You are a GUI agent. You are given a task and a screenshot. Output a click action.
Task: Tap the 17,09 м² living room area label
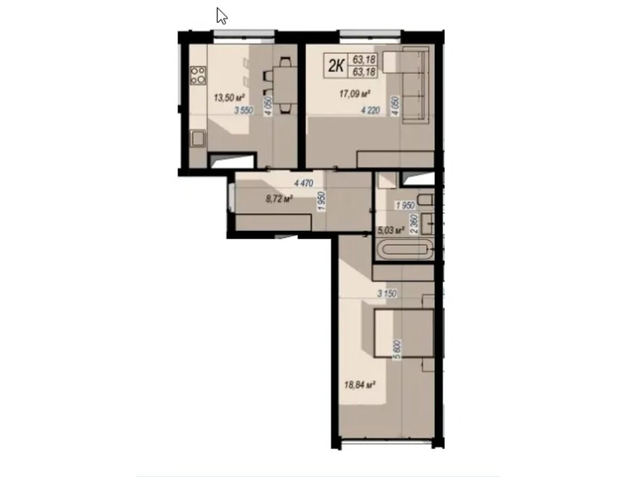click(x=355, y=94)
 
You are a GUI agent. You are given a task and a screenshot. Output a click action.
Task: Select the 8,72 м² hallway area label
click(x=279, y=199)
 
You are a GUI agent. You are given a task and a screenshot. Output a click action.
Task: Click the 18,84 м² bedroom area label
click(x=360, y=385)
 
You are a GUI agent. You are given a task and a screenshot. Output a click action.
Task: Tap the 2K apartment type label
click(x=336, y=66)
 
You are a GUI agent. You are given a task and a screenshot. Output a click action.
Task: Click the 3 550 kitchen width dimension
click(x=243, y=110)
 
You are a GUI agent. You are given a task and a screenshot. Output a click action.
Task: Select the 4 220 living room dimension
click(x=370, y=110)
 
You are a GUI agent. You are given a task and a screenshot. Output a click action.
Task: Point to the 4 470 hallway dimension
click(x=304, y=183)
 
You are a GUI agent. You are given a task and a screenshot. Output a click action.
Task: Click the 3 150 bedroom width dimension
click(x=387, y=294)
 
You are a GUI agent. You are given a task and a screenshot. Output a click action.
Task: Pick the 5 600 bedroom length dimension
click(x=397, y=349)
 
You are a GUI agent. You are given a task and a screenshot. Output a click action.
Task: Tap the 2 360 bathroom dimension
click(x=414, y=224)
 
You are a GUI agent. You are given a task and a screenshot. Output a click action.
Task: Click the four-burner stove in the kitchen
click(x=198, y=76)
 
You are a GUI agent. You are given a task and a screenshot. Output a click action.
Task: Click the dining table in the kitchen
click(x=285, y=85)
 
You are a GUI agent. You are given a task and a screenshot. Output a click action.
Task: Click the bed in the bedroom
click(x=404, y=333)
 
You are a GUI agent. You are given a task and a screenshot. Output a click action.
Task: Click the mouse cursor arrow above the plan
click(x=222, y=16)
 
